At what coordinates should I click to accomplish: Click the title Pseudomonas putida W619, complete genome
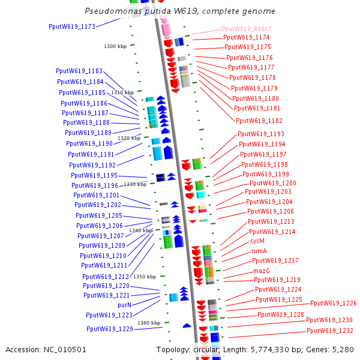point(180,11)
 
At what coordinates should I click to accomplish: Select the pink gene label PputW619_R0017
point(246,29)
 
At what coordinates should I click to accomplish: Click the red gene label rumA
point(259,251)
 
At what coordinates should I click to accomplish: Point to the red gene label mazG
point(261,271)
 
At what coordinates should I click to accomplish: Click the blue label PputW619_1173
point(72,26)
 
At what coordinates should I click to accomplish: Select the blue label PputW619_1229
point(109,329)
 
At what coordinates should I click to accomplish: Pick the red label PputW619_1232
point(329,331)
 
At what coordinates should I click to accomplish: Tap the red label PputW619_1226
point(333,304)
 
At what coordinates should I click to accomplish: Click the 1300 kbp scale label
point(115,46)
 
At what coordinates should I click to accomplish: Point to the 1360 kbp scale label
point(149,323)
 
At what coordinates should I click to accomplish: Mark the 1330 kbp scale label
point(135,184)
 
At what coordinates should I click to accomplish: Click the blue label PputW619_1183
point(79,71)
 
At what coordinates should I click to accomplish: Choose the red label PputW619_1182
point(259,121)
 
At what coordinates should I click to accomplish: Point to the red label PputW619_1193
point(261,134)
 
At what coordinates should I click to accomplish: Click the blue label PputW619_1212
point(106,277)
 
